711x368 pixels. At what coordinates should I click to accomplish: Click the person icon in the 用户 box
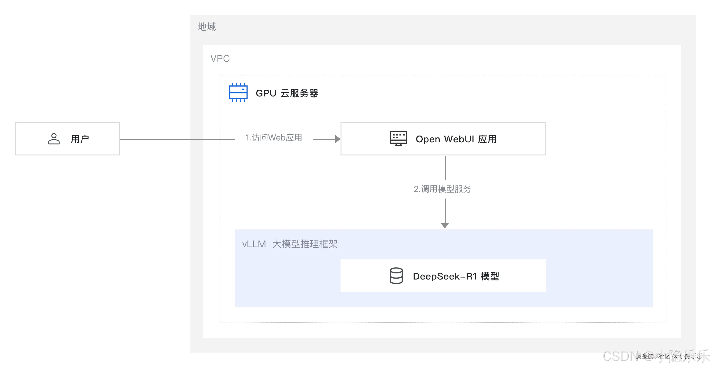pyautogui.click(x=54, y=139)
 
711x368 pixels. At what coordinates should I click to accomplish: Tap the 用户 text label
pyautogui.click(x=80, y=139)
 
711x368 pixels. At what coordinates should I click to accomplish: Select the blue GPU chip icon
pyautogui.click(x=238, y=93)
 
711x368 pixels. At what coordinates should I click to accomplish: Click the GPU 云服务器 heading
pyautogui.click(x=287, y=93)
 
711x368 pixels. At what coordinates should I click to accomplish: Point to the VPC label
pyautogui.click(x=220, y=59)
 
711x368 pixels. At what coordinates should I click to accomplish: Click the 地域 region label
pyautogui.click(x=207, y=27)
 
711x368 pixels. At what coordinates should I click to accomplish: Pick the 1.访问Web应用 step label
pyautogui.click(x=274, y=138)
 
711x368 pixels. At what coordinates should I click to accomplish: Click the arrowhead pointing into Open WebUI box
pyautogui.click(x=337, y=139)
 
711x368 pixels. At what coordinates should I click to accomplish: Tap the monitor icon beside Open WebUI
pyautogui.click(x=398, y=138)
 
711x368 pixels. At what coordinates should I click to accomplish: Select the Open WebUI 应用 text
pyautogui.click(x=456, y=139)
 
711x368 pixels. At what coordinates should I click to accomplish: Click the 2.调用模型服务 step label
pyautogui.click(x=442, y=189)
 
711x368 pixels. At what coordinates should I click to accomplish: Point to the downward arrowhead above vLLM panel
pyautogui.click(x=445, y=225)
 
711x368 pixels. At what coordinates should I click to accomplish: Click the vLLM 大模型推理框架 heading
pyautogui.click(x=290, y=244)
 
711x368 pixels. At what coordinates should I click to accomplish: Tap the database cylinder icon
pyautogui.click(x=396, y=276)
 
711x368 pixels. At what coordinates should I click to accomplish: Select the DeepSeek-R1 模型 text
pyautogui.click(x=456, y=276)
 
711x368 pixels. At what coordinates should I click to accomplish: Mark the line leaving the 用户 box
pyautogui.click(x=177, y=139)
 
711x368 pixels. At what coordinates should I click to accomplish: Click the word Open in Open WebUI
pyautogui.click(x=428, y=139)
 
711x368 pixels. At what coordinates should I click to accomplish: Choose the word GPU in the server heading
pyautogui.click(x=266, y=93)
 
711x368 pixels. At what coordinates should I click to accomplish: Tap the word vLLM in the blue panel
pyautogui.click(x=254, y=244)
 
